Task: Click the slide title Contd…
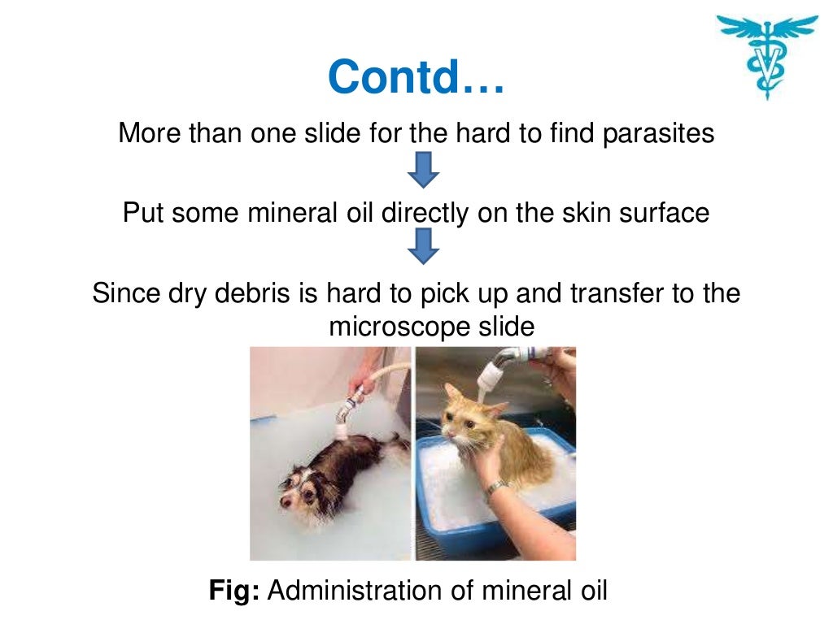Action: click(416, 77)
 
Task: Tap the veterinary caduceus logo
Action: click(766, 55)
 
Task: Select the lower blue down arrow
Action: click(422, 246)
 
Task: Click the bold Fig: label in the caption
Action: click(234, 591)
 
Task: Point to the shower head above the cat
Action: click(494, 373)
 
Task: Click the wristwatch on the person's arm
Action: click(495, 488)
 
